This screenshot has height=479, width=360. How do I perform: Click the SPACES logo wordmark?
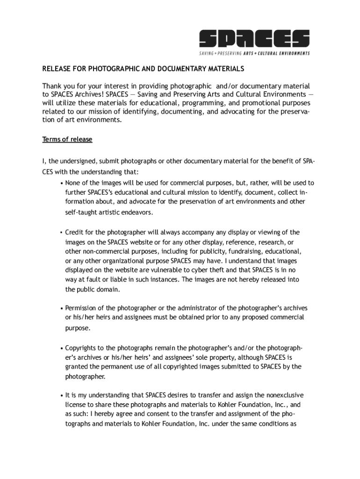(x=254, y=38)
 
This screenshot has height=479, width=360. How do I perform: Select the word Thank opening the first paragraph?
(x=52, y=86)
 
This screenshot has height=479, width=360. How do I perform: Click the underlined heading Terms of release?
(x=67, y=139)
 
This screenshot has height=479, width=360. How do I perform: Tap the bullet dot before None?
(x=62, y=183)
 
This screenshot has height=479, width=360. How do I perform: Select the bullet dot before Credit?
(x=62, y=232)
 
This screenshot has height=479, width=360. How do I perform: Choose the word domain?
(x=110, y=289)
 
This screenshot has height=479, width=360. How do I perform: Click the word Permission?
(x=81, y=308)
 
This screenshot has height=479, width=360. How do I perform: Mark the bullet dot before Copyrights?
(x=62, y=348)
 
